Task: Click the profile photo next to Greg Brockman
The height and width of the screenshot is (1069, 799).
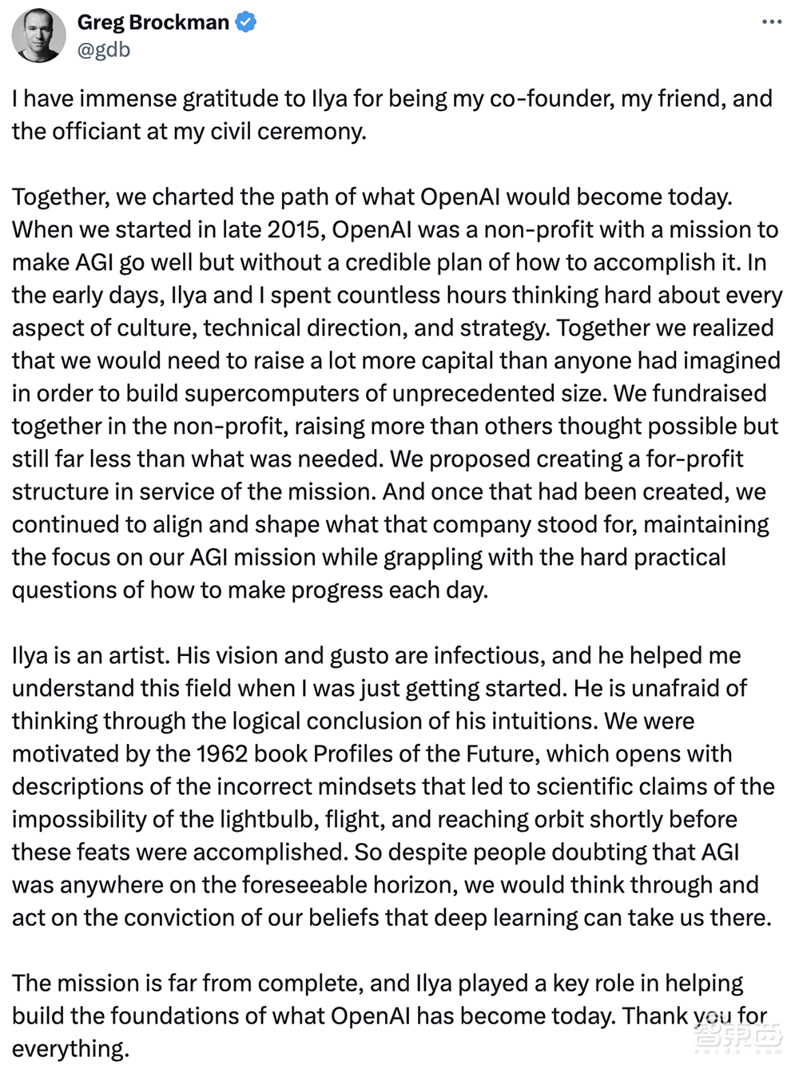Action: [38, 36]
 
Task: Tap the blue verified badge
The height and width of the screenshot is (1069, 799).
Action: [246, 22]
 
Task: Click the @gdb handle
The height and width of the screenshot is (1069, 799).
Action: [104, 50]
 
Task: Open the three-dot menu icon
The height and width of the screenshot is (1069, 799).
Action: [772, 22]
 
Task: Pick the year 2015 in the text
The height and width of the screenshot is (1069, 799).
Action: [293, 229]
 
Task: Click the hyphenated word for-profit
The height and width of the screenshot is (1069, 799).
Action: [686, 459]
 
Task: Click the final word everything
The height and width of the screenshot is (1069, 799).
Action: [70, 1048]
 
